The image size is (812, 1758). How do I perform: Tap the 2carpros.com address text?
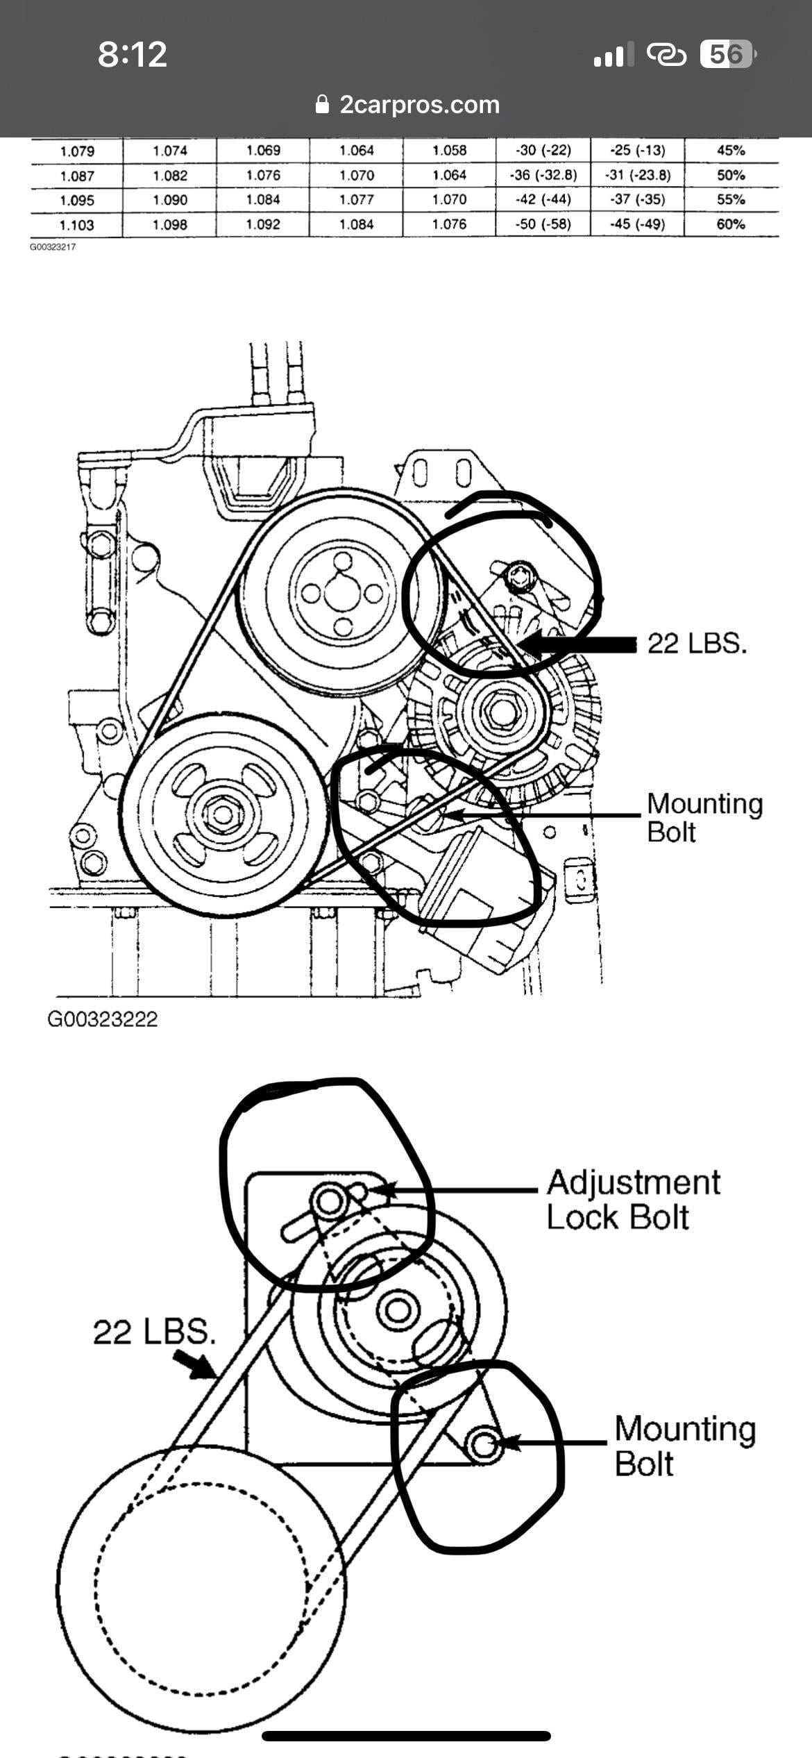(x=419, y=105)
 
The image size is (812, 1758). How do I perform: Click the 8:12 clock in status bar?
(x=132, y=54)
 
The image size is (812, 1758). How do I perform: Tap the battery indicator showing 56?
(x=725, y=54)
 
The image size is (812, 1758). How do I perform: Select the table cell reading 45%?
(x=731, y=151)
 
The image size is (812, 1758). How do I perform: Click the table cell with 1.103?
(x=76, y=225)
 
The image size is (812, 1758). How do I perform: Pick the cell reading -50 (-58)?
(x=543, y=224)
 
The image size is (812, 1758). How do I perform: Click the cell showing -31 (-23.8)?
(x=637, y=175)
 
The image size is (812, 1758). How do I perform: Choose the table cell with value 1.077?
(x=356, y=200)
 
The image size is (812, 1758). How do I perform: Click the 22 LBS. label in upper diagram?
(x=697, y=644)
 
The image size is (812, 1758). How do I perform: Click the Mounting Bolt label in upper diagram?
(x=704, y=817)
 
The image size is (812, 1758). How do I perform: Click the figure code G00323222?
(x=103, y=1019)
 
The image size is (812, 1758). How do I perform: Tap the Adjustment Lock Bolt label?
(x=632, y=1199)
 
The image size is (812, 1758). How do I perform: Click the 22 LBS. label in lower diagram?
(x=154, y=1332)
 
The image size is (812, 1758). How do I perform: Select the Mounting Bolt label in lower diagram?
(x=684, y=1446)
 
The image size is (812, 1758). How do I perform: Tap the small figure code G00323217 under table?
(x=52, y=246)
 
